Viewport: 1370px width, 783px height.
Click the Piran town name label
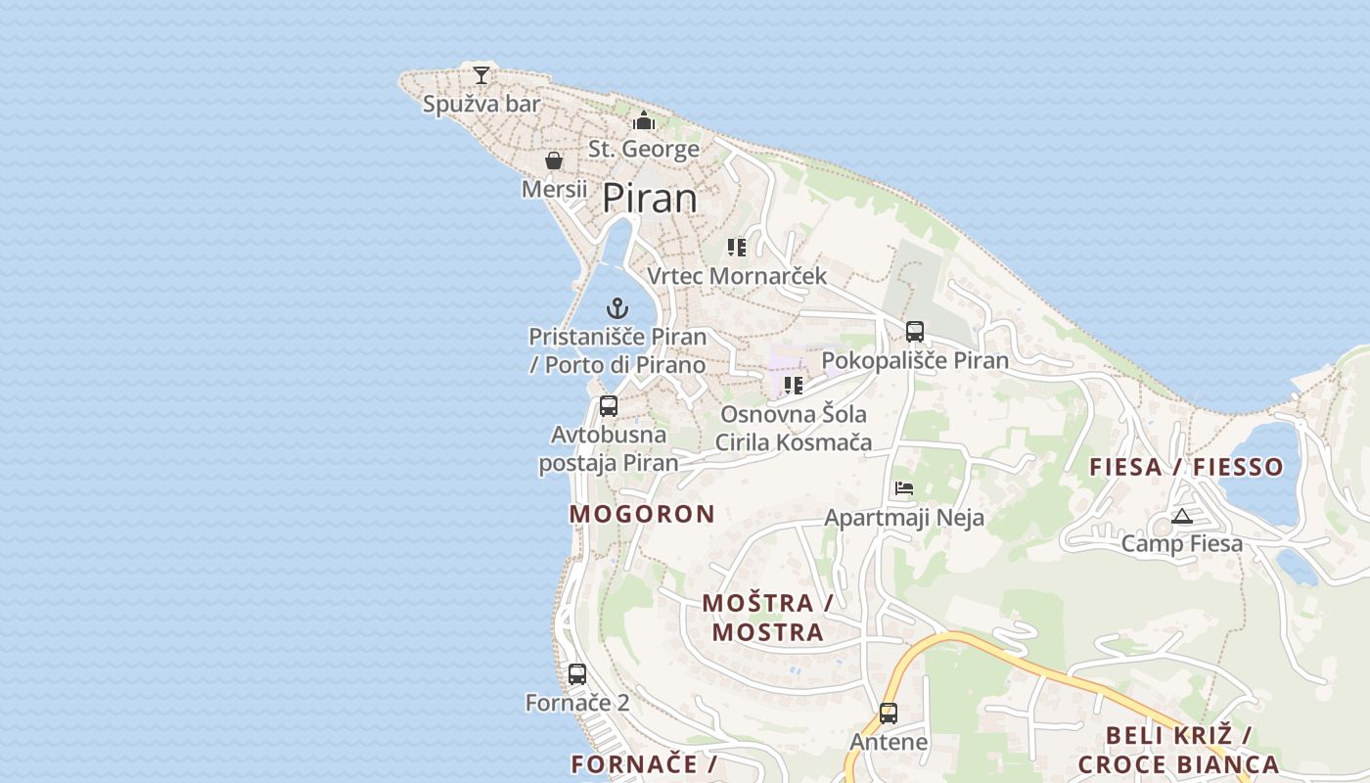[650, 198]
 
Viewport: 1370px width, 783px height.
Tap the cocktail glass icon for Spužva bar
[480, 75]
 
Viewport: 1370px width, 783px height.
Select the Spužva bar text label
[481, 104]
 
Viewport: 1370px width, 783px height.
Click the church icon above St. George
[644, 120]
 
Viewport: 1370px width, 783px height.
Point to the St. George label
[644, 149]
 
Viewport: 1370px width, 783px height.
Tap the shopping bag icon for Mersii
[554, 161]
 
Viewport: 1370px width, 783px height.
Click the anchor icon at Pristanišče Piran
[616, 309]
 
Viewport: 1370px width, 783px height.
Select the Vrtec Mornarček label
[737, 276]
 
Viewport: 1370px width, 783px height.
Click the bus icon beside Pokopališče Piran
[915, 332]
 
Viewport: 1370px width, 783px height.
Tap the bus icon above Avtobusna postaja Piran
[609, 406]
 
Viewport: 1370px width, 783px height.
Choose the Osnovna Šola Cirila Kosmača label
[793, 428]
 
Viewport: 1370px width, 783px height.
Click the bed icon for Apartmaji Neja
[904, 488]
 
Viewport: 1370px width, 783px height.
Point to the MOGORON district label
[642, 514]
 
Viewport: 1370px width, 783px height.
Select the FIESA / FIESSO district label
[1186, 467]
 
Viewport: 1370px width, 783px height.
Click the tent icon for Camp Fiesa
[1181, 517]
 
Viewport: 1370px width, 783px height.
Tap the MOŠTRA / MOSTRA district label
[767, 617]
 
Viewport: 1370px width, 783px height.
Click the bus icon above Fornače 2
[577, 674]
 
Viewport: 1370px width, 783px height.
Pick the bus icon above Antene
[889, 714]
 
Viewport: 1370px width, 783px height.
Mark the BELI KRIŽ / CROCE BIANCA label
[1178, 750]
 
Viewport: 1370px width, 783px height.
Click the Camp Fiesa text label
[1182, 543]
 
